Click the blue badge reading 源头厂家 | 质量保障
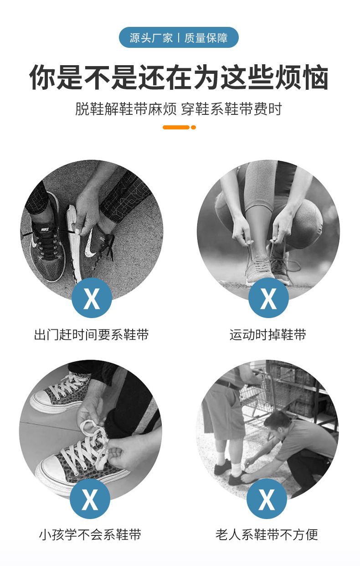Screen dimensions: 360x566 pos(179,37)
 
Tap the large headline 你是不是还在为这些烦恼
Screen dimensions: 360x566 pos(179,77)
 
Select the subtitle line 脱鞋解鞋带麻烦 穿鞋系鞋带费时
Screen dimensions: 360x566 pos(179,109)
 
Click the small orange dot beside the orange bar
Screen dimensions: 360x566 pos(193,127)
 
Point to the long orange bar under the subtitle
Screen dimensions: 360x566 pos(176,127)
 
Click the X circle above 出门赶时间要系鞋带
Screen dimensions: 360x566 pos(92,298)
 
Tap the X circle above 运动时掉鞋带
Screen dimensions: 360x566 pos(268,298)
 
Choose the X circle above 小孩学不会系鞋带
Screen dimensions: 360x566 pos(90,499)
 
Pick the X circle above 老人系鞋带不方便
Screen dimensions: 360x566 pos(267,499)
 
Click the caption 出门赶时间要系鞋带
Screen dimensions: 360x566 pos(92,334)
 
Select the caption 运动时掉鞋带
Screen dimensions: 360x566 pos(268,334)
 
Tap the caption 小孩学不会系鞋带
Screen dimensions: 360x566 pos(90,535)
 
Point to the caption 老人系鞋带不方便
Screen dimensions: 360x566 pos(267,535)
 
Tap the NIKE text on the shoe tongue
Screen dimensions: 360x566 pos(45,230)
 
